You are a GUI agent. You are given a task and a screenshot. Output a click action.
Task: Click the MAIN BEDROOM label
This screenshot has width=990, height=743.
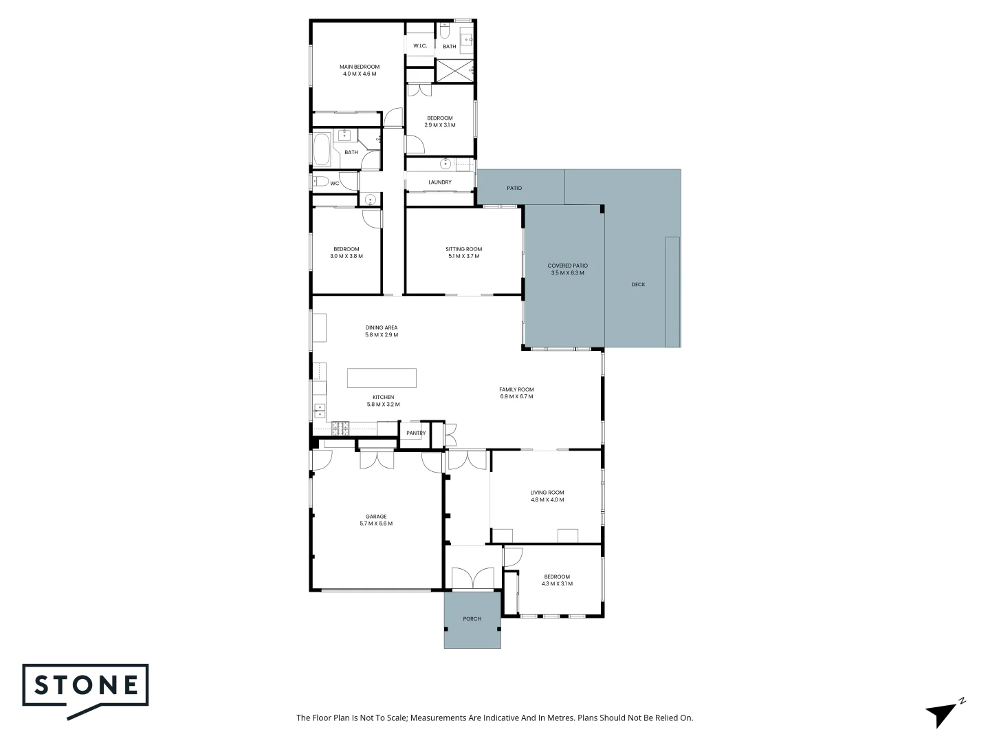359,67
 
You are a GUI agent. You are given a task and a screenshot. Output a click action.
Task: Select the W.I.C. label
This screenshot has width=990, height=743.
420,46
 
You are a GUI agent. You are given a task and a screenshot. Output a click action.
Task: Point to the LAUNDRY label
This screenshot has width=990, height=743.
440,182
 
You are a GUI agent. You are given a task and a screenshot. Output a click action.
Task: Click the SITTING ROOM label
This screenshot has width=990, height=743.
463,249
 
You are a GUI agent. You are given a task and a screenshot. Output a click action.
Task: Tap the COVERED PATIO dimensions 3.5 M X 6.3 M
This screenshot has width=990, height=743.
567,273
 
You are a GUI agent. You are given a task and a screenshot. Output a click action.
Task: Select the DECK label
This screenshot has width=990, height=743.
638,284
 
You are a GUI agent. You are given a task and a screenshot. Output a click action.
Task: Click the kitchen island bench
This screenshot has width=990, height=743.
382,378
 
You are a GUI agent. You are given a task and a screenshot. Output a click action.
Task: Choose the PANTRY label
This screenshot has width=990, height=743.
416,433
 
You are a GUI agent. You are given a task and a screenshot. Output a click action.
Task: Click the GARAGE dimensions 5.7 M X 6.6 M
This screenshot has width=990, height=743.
376,524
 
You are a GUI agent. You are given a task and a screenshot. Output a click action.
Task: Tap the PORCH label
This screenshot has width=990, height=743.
472,618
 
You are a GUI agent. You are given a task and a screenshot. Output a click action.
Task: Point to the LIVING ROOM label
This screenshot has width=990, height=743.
547,493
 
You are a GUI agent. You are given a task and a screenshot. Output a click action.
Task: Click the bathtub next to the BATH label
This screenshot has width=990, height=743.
321,150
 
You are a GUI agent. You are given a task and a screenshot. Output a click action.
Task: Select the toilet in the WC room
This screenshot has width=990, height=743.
320,182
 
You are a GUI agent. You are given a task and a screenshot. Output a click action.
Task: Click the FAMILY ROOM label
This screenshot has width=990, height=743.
516,389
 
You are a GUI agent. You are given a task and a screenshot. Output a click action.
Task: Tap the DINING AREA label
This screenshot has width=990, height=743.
381,327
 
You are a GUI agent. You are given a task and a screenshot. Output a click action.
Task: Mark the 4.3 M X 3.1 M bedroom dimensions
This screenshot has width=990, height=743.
557,584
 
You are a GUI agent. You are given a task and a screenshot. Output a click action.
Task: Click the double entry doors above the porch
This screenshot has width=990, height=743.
472,579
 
